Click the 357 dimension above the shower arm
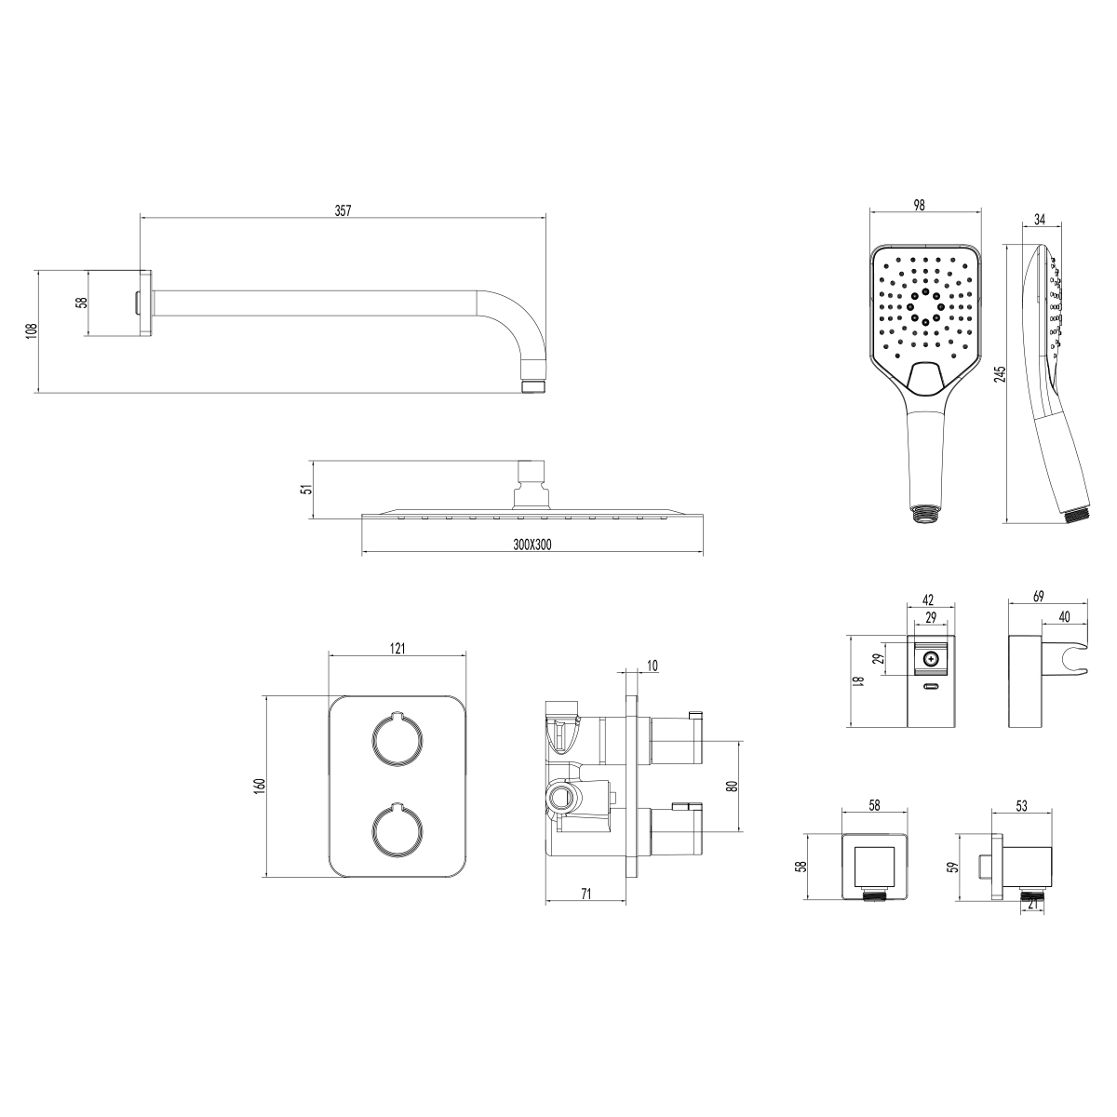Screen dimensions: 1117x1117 click(x=343, y=210)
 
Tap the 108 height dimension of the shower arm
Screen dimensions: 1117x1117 click(x=32, y=330)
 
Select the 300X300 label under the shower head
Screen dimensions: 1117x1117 click(x=532, y=545)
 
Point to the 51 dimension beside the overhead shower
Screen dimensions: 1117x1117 click(x=308, y=488)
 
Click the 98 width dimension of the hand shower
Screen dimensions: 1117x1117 click(x=919, y=205)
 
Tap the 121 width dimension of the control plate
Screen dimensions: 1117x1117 click(x=397, y=648)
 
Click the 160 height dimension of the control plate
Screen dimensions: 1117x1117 click(x=261, y=786)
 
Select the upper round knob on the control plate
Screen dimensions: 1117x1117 click(x=397, y=740)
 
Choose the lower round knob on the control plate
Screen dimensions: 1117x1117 click(x=397, y=830)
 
